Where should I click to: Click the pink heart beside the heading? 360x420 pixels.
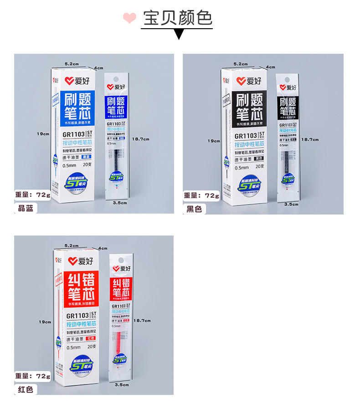coord(130,18)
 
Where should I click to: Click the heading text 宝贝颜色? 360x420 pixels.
coord(178,18)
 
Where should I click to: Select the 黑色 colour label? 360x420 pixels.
coord(194,209)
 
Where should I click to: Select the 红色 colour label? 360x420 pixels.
coord(26,389)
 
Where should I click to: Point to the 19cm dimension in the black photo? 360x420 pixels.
coord(213,141)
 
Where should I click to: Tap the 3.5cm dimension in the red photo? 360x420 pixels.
coord(122,385)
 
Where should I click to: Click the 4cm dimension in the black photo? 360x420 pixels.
coord(271,67)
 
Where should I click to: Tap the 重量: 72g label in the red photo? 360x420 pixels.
coord(33,376)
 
